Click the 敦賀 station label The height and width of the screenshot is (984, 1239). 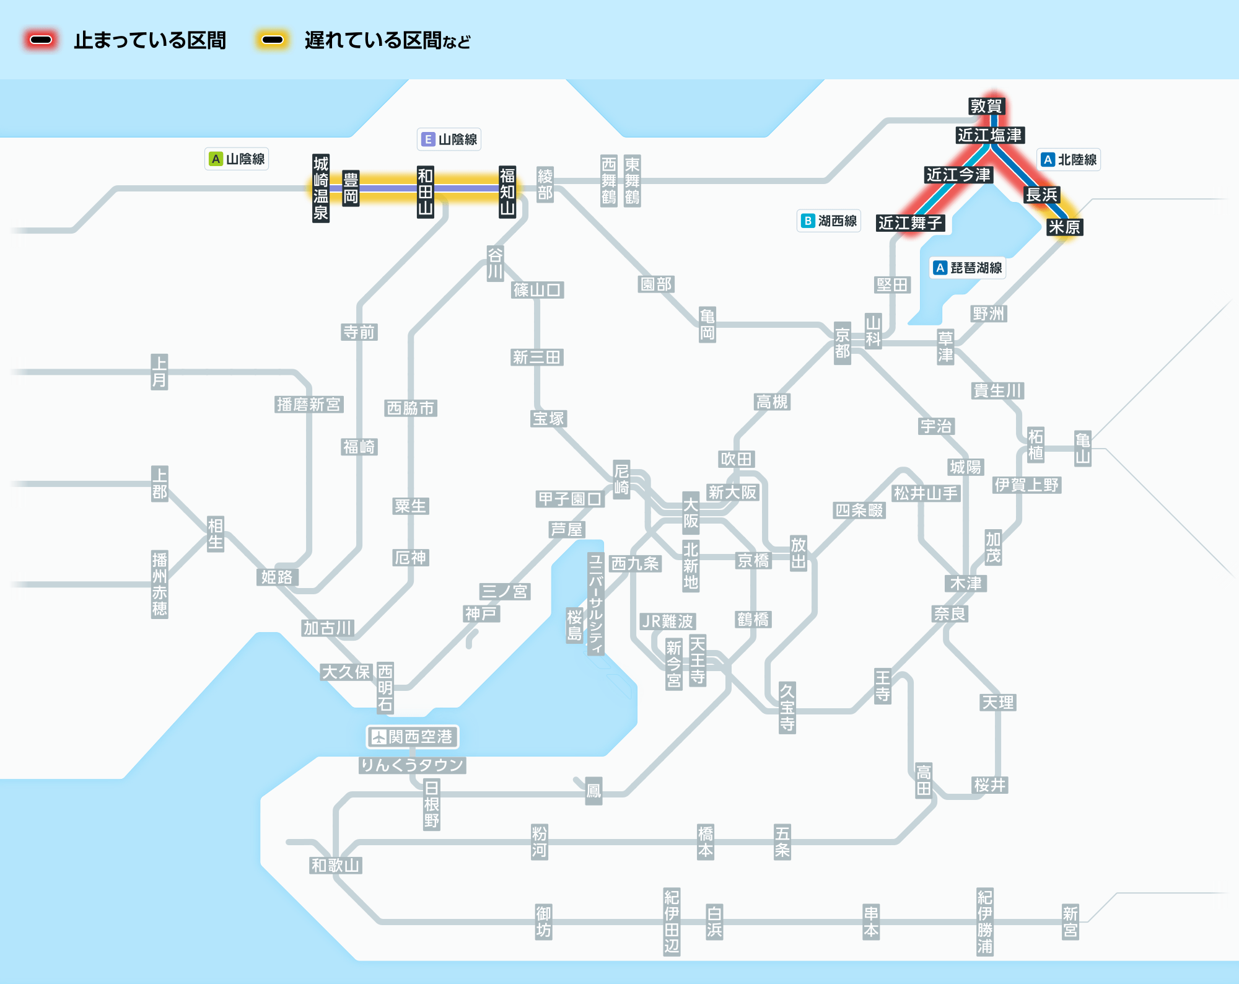pyautogui.click(x=986, y=106)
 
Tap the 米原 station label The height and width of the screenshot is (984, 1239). pyautogui.click(x=1064, y=227)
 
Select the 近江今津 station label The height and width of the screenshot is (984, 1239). pyautogui.click(x=958, y=175)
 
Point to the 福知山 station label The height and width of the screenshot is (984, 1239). pyautogui.click(x=507, y=191)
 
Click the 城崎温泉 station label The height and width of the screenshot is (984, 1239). pyautogui.click(x=320, y=188)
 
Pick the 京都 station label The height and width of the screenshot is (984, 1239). pyautogui.click(x=842, y=343)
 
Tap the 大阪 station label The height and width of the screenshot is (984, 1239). pyautogui.click(x=691, y=512)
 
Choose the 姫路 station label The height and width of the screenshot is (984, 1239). pyautogui.click(x=277, y=577)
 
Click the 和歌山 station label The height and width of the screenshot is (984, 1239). pyautogui.click(x=335, y=865)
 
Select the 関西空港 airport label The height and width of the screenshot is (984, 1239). pyautogui.click(x=413, y=737)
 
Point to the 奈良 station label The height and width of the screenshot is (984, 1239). pyautogui.click(x=950, y=613)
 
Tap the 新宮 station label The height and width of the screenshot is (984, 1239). pyautogui.click(x=1070, y=921)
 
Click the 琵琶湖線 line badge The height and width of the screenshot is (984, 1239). pyautogui.click(x=968, y=268)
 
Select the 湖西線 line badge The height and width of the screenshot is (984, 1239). pyautogui.click(x=829, y=221)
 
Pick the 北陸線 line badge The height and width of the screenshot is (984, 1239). pyautogui.click(x=1069, y=160)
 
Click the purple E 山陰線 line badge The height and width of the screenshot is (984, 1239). pyautogui.click(x=449, y=139)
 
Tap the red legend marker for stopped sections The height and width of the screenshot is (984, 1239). pyautogui.click(x=41, y=40)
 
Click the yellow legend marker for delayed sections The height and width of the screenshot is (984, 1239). pyautogui.click(x=273, y=40)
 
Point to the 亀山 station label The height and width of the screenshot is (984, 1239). pyautogui.click(x=1082, y=449)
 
